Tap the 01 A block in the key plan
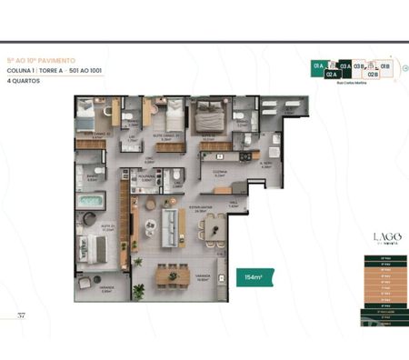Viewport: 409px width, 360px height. point(318,67)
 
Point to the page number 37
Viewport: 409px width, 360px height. point(21,315)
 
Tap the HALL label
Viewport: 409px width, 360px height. point(233,205)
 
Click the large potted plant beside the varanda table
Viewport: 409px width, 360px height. point(138,292)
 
